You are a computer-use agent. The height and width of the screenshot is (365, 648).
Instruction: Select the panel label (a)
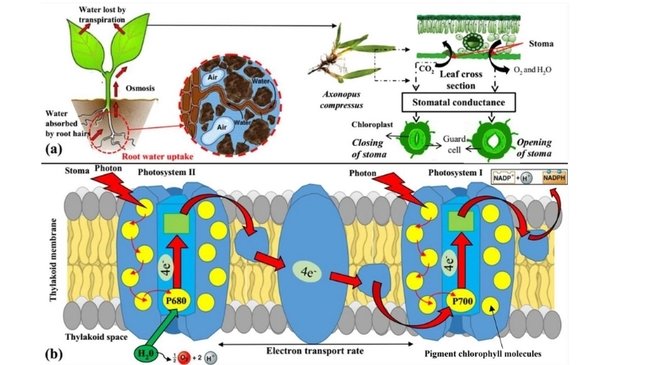(x=58, y=149)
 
